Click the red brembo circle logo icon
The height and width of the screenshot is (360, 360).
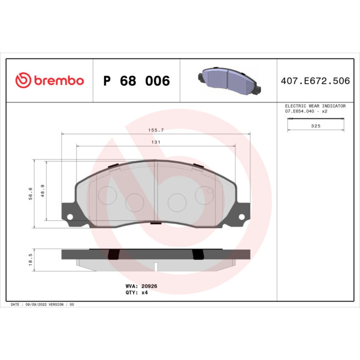(22, 81)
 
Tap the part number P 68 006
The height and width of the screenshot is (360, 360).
(137, 81)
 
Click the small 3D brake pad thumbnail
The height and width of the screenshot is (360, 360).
(228, 80)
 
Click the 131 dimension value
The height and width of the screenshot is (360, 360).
(156, 142)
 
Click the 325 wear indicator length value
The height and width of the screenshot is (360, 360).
(316, 126)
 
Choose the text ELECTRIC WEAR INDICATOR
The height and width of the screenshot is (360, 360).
(315, 105)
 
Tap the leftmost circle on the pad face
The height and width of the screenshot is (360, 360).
(107, 194)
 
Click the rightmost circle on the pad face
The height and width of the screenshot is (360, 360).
(205, 194)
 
